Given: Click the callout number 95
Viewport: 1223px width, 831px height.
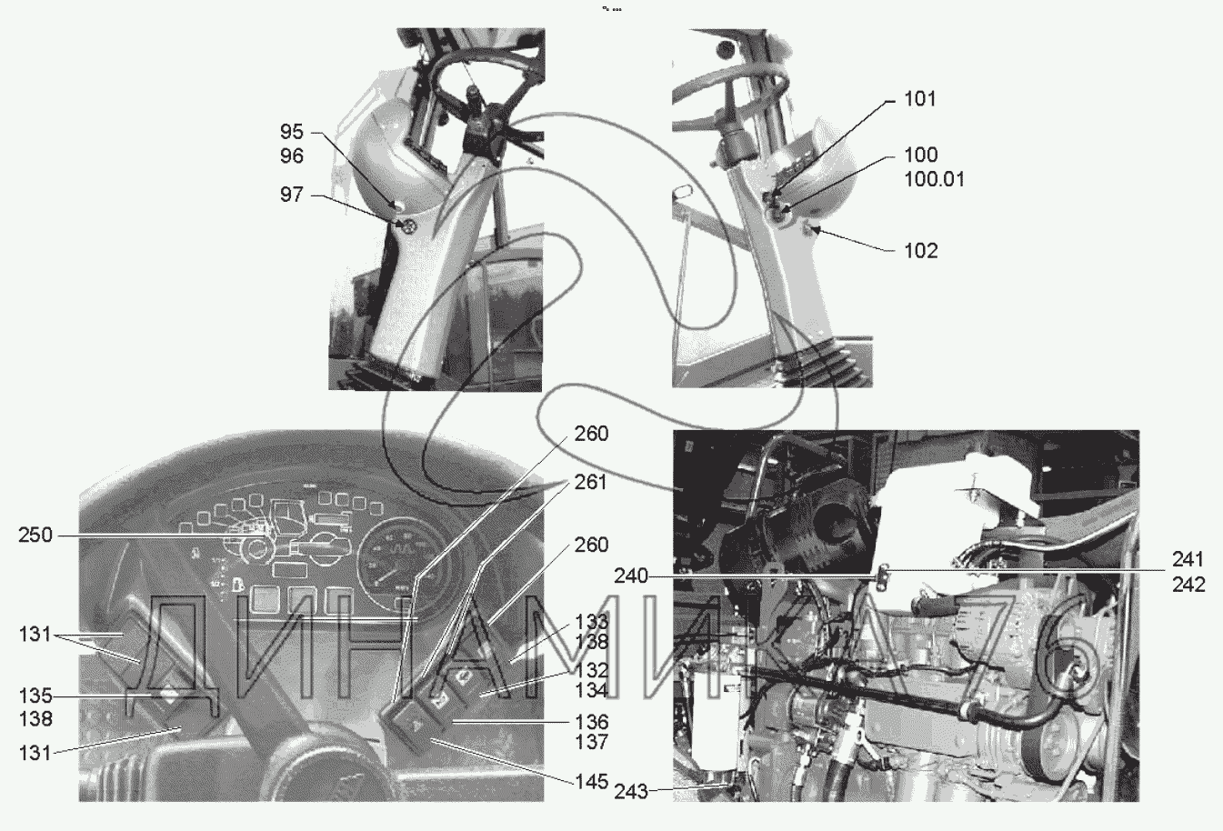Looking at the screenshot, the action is pos(292,133).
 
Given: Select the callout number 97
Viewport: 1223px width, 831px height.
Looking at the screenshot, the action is pos(292,195).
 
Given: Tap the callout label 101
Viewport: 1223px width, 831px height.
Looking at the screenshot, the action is pos(920,98).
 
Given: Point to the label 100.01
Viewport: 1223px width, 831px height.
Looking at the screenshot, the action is pos(934,179).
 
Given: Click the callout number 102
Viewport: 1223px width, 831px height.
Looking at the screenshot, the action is pos(920,250).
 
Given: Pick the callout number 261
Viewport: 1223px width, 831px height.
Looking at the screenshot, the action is pos(591,482).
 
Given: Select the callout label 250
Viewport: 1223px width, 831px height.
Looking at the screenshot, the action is pos(35,536).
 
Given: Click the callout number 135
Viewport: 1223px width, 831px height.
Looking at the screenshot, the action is pos(35,696).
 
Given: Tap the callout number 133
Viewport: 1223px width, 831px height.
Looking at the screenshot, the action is pos(591,622).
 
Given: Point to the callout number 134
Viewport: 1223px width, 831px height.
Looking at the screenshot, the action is pos(591,692).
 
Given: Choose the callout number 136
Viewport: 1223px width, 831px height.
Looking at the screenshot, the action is pos(591,722).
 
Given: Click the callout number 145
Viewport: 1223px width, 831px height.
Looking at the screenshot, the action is pos(591,781).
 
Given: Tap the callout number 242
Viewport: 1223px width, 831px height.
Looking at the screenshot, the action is pos(1188,585).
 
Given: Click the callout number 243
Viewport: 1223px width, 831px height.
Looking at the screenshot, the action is pos(630,791).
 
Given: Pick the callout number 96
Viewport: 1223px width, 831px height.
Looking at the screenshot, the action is pos(292,156).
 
